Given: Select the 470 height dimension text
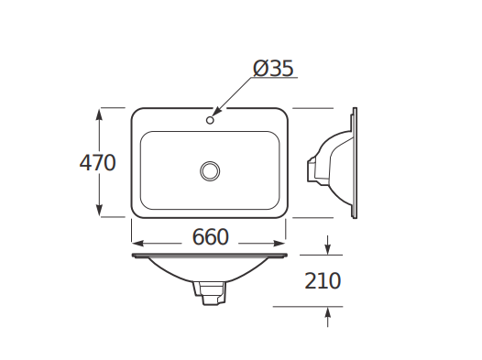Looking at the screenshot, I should point(97,163).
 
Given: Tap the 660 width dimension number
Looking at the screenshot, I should point(210,237).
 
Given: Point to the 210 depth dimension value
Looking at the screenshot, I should point(323,281).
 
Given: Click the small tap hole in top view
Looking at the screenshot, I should point(210,119).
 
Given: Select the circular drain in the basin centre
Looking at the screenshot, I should point(210,170).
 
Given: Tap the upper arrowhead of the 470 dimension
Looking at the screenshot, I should point(100,114).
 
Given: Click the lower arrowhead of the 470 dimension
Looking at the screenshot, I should point(100,212).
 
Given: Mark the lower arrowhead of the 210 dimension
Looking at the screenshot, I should point(329,313).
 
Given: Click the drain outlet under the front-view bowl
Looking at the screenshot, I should point(210,293).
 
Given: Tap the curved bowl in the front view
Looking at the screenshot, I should point(210,271).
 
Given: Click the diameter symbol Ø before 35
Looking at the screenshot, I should point(259,69).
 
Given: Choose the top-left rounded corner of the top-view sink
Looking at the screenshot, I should point(137,114).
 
